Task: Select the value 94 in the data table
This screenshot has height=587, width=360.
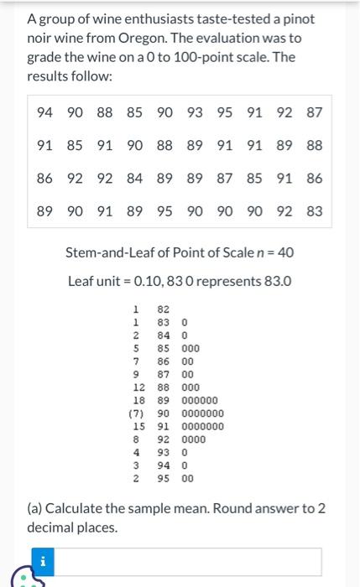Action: click(x=45, y=112)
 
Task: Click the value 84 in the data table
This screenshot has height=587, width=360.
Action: click(x=134, y=178)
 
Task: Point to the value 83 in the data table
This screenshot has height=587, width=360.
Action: click(x=314, y=211)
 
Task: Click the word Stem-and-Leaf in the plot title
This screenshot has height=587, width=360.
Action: click(x=104, y=252)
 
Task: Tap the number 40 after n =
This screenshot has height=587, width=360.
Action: click(x=285, y=252)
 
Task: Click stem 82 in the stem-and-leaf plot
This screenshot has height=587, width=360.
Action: click(x=164, y=309)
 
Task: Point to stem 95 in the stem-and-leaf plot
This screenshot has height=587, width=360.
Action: click(x=164, y=479)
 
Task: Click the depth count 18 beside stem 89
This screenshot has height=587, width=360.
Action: click(x=138, y=401)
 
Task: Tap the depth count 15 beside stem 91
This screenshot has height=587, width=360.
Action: click(x=138, y=427)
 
